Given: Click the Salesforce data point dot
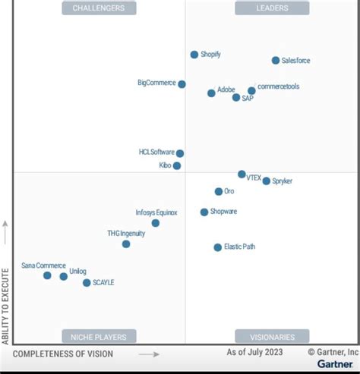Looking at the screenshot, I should (276, 60).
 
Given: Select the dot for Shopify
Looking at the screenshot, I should (194, 55).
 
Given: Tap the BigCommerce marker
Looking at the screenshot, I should (182, 84).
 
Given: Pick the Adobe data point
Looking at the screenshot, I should (211, 93).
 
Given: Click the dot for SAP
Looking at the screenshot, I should (236, 97).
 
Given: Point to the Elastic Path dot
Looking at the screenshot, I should (218, 247).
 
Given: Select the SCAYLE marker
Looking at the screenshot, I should (87, 283).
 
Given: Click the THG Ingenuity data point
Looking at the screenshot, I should (126, 244).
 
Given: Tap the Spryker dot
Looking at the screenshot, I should (267, 181).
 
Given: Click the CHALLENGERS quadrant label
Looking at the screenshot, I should (99, 8).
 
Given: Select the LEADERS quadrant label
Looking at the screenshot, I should (272, 8).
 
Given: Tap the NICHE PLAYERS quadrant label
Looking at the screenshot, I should (99, 336).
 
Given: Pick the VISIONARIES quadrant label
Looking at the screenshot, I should (272, 336).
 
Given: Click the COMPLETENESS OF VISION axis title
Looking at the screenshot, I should (63, 354).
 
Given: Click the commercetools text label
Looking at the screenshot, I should (279, 86).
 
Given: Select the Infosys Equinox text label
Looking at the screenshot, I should (156, 212).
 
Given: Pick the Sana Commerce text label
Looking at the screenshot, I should (43, 266).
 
